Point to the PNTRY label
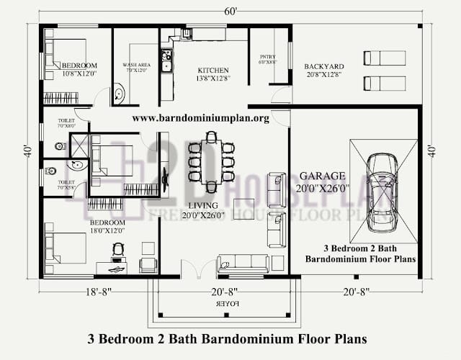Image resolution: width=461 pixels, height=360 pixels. coord(268,58)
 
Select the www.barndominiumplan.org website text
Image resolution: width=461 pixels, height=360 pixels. coord(200,117)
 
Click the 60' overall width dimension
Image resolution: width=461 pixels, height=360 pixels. coord(231,11)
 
